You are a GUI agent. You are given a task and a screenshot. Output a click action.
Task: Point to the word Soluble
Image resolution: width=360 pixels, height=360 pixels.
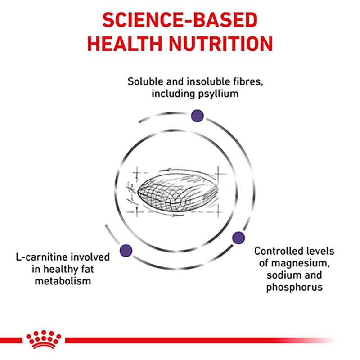coord(143,82)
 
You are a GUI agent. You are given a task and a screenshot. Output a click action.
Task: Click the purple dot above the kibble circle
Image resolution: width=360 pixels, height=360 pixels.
coord(197,116)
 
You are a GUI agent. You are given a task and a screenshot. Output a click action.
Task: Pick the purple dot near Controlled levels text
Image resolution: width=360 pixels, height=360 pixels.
coord(238,238)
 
